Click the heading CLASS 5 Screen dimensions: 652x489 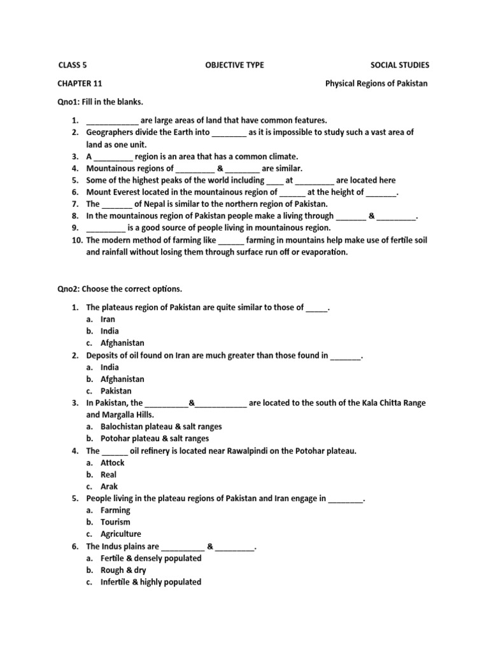tap(72, 65)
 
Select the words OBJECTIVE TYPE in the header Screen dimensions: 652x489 tap(234, 65)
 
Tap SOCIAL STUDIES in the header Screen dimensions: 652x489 tap(400, 65)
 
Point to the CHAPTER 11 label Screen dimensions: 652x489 tap(80, 83)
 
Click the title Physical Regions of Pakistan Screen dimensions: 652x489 tap(377, 83)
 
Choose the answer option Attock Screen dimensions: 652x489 tap(113, 463)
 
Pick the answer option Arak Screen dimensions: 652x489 tap(109, 486)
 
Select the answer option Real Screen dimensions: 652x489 tap(109, 474)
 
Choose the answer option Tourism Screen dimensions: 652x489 tap(115, 522)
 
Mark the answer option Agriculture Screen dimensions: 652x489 tap(120, 534)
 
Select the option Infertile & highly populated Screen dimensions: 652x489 tap(150, 582)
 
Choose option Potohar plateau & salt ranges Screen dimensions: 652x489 tap(154, 439)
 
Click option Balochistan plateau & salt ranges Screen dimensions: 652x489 tap(161, 427)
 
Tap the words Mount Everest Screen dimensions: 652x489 tap(112, 192)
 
